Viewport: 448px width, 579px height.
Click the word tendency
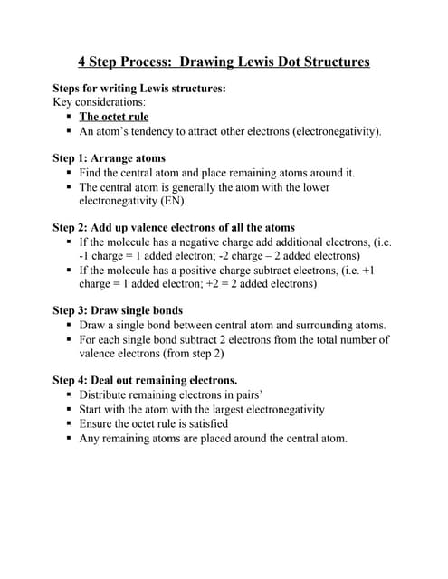(157, 131)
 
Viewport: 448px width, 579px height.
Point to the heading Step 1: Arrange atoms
(110, 158)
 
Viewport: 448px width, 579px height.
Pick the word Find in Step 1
(91, 173)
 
